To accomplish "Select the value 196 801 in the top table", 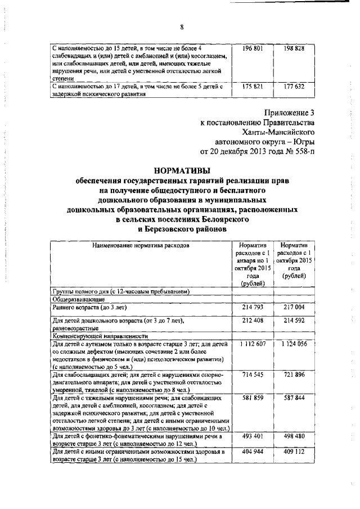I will pos(252,49).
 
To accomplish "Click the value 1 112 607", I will pos(252,344).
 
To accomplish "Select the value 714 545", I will pos(252,374).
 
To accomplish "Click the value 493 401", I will pos(252,436).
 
